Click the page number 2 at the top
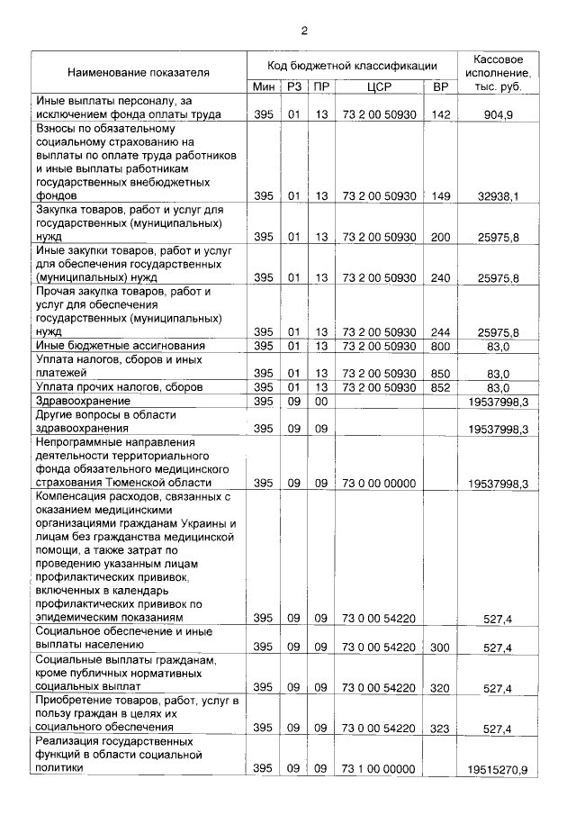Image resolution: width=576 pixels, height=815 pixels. (305, 31)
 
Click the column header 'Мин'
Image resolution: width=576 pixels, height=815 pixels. (263, 87)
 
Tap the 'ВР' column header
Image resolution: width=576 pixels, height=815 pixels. (440, 87)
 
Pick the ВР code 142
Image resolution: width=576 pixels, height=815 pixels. (440, 115)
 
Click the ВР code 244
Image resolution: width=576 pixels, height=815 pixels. (440, 332)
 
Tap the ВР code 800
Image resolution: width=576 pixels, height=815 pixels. (440, 346)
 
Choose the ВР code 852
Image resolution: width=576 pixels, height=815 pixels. (440, 387)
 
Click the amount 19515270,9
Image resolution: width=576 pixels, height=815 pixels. (498, 770)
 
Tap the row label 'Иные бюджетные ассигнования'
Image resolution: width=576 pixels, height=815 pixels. (121, 346)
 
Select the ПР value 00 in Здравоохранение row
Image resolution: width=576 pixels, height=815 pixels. (320, 401)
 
